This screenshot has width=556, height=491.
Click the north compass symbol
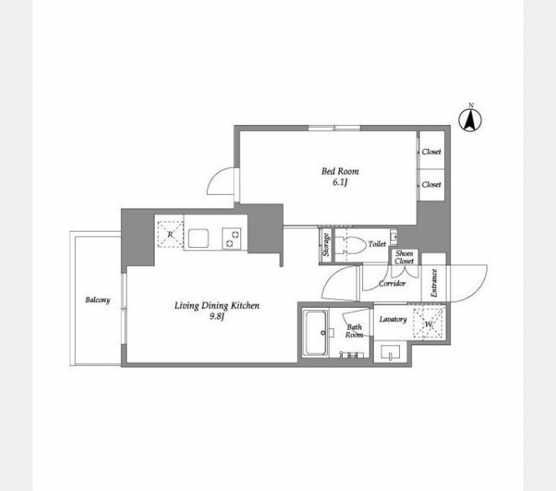point(470,120)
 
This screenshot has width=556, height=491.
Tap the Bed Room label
point(340,171)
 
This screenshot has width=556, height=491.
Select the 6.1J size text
point(339,183)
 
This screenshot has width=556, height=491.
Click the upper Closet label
point(431,151)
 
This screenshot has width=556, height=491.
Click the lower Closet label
point(431,184)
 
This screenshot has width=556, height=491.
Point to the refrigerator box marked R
point(170,234)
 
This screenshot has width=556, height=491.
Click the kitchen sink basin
point(198,238)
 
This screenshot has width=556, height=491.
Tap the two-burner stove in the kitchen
point(231,238)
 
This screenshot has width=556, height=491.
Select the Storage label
point(326,245)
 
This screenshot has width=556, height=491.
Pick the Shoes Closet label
point(404,257)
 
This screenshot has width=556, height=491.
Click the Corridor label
point(392,283)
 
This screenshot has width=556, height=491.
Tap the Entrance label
point(433,283)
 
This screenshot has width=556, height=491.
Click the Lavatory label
point(393,319)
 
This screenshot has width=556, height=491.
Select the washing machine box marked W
point(428,323)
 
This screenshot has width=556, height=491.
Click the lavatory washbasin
point(390,353)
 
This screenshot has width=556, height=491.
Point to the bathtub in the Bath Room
point(316,332)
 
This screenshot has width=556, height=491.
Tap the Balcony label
point(97,300)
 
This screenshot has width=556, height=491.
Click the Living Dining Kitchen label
point(217,306)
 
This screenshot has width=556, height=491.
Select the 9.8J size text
point(217,317)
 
